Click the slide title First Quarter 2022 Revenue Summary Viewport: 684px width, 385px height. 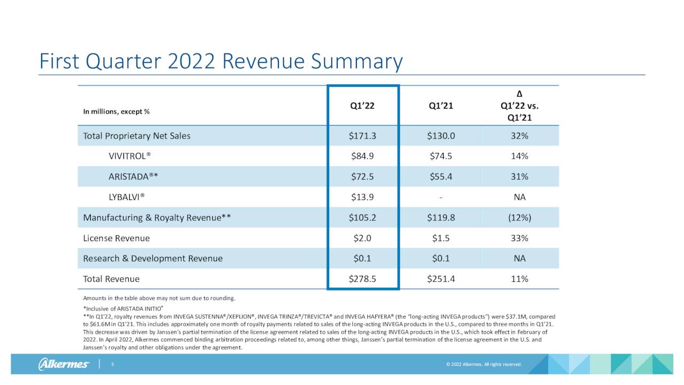[x=221, y=62]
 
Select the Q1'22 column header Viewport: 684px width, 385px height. [x=362, y=106]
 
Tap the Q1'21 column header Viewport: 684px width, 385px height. [x=441, y=106]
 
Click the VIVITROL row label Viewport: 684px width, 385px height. [x=130, y=156]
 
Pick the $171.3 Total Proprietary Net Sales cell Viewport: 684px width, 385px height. [x=362, y=136]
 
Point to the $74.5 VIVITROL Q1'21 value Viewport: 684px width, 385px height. [x=441, y=156]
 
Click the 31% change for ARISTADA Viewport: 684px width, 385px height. [x=519, y=176]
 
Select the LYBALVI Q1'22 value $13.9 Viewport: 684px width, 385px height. [x=362, y=197]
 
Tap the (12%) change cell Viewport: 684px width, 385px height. [x=519, y=218]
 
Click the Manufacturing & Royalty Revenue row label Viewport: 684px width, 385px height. [x=157, y=218]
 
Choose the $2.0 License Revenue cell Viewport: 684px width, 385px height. [x=362, y=238]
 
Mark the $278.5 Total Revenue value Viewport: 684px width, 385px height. [x=362, y=279]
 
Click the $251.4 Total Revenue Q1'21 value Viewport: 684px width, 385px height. [x=441, y=279]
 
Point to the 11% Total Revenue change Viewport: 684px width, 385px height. [x=519, y=279]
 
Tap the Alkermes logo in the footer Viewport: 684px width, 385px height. [x=64, y=365]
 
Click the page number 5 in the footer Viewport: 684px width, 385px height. [x=113, y=365]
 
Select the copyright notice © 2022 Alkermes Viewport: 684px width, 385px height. [x=484, y=365]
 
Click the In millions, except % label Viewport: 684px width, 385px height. [x=116, y=112]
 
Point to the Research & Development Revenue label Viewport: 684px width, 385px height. [x=153, y=258]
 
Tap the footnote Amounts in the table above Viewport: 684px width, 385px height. [x=159, y=298]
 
